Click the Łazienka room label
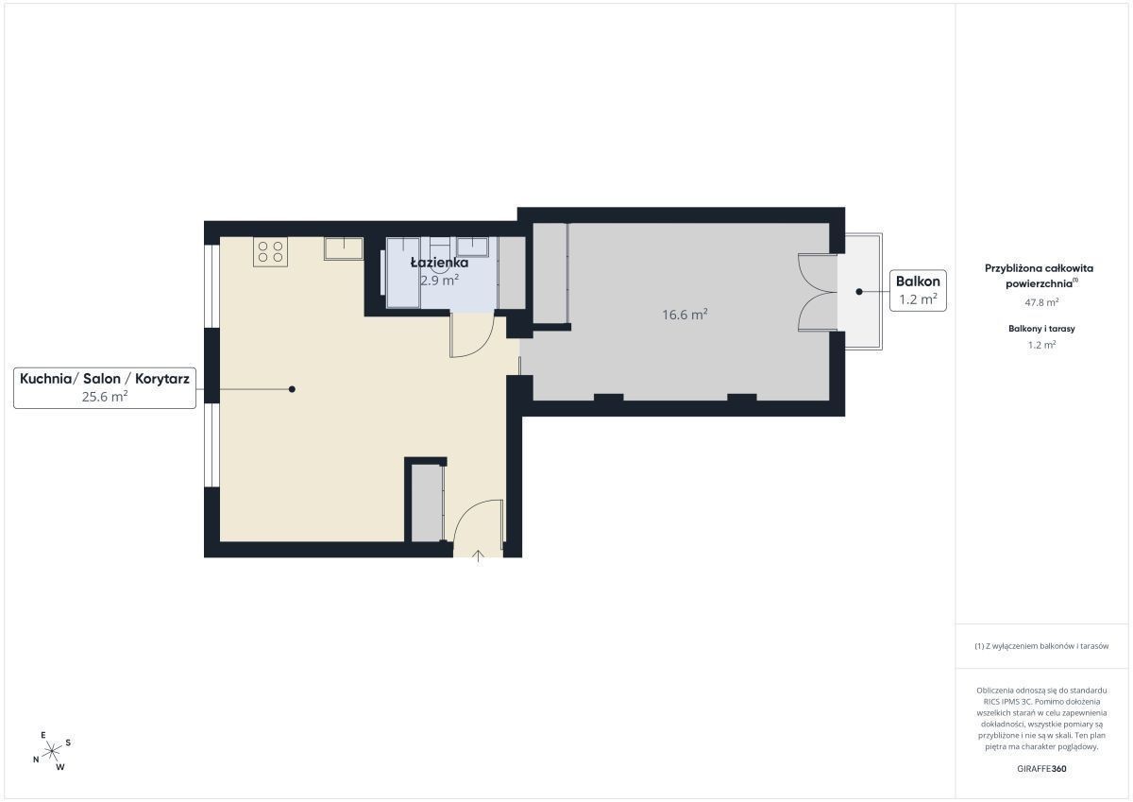point(439,262)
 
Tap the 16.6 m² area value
point(685,315)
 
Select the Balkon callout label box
point(918,290)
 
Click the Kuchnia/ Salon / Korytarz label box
point(105,387)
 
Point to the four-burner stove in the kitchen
point(270,251)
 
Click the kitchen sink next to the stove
point(344,248)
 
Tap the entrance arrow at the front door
point(478,556)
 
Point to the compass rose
point(52,752)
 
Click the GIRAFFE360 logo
point(1041,769)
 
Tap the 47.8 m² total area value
point(1041,302)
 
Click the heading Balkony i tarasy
point(1041,329)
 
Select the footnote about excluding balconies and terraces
point(1041,645)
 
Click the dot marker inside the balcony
point(859,292)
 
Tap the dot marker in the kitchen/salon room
point(292,389)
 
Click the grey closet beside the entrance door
point(428,503)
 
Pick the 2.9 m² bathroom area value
point(439,280)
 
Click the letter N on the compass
point(36,759)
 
